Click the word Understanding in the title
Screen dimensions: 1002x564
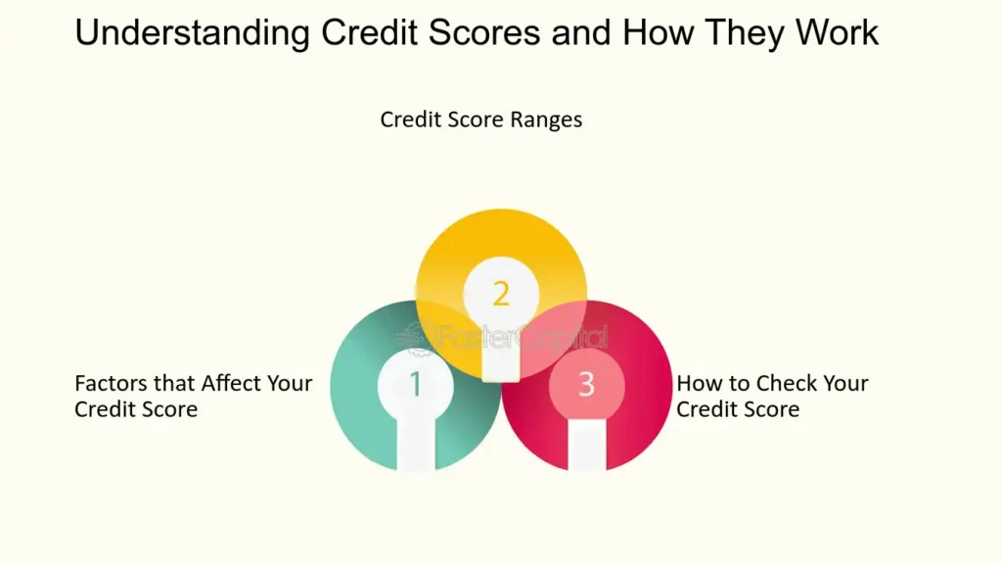tap(193, 33)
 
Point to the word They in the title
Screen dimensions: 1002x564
tap(745, 33)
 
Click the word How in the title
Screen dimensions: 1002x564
tap(659, 32)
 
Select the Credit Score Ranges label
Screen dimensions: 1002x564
tap(481, 120)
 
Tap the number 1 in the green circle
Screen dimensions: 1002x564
tap(415, 384)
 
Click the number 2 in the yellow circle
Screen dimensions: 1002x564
tap(501, 294)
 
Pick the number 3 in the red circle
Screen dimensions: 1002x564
tap(587, 384)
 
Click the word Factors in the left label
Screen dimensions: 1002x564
tap(112, 383)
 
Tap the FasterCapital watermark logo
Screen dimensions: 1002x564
tap(501, 337)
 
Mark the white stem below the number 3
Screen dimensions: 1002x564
tap(587, 445)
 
